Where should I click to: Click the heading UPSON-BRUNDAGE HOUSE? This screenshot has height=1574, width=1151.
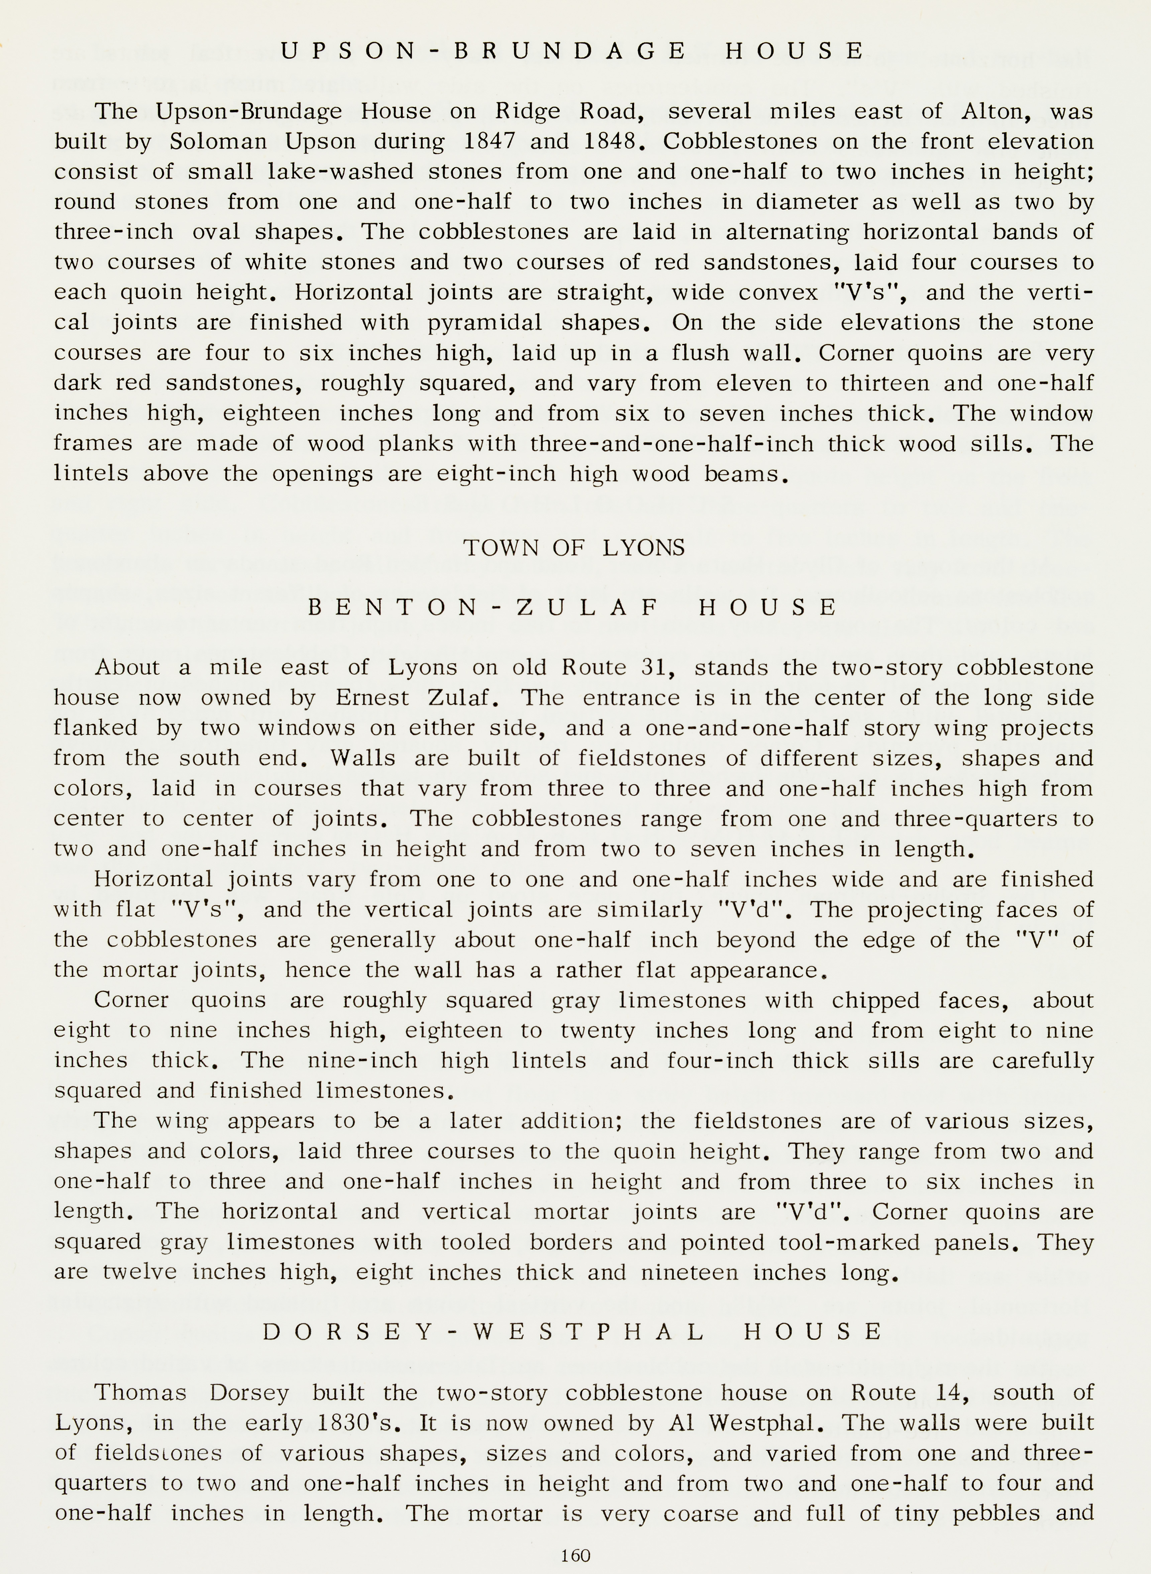click(573, 51)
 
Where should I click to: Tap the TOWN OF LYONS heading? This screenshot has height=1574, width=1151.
click(574, 548)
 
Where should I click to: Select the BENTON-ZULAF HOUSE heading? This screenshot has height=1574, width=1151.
click(573, 608)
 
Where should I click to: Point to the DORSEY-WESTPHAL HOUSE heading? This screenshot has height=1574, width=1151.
click(573, 1332)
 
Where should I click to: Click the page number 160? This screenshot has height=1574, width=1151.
click(575, 1555)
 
